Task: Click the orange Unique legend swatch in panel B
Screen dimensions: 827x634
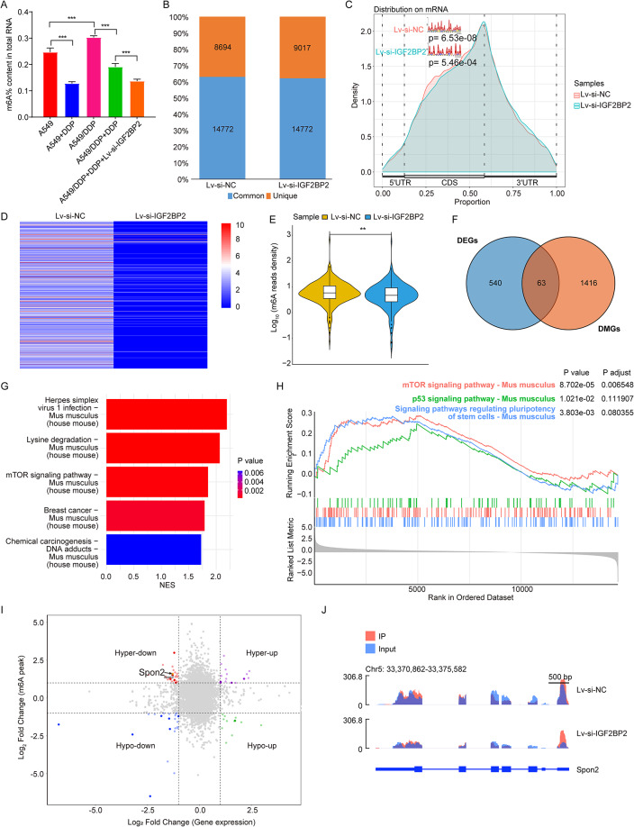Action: pos(266,196)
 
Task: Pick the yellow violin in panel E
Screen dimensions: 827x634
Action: pos(328,292)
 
